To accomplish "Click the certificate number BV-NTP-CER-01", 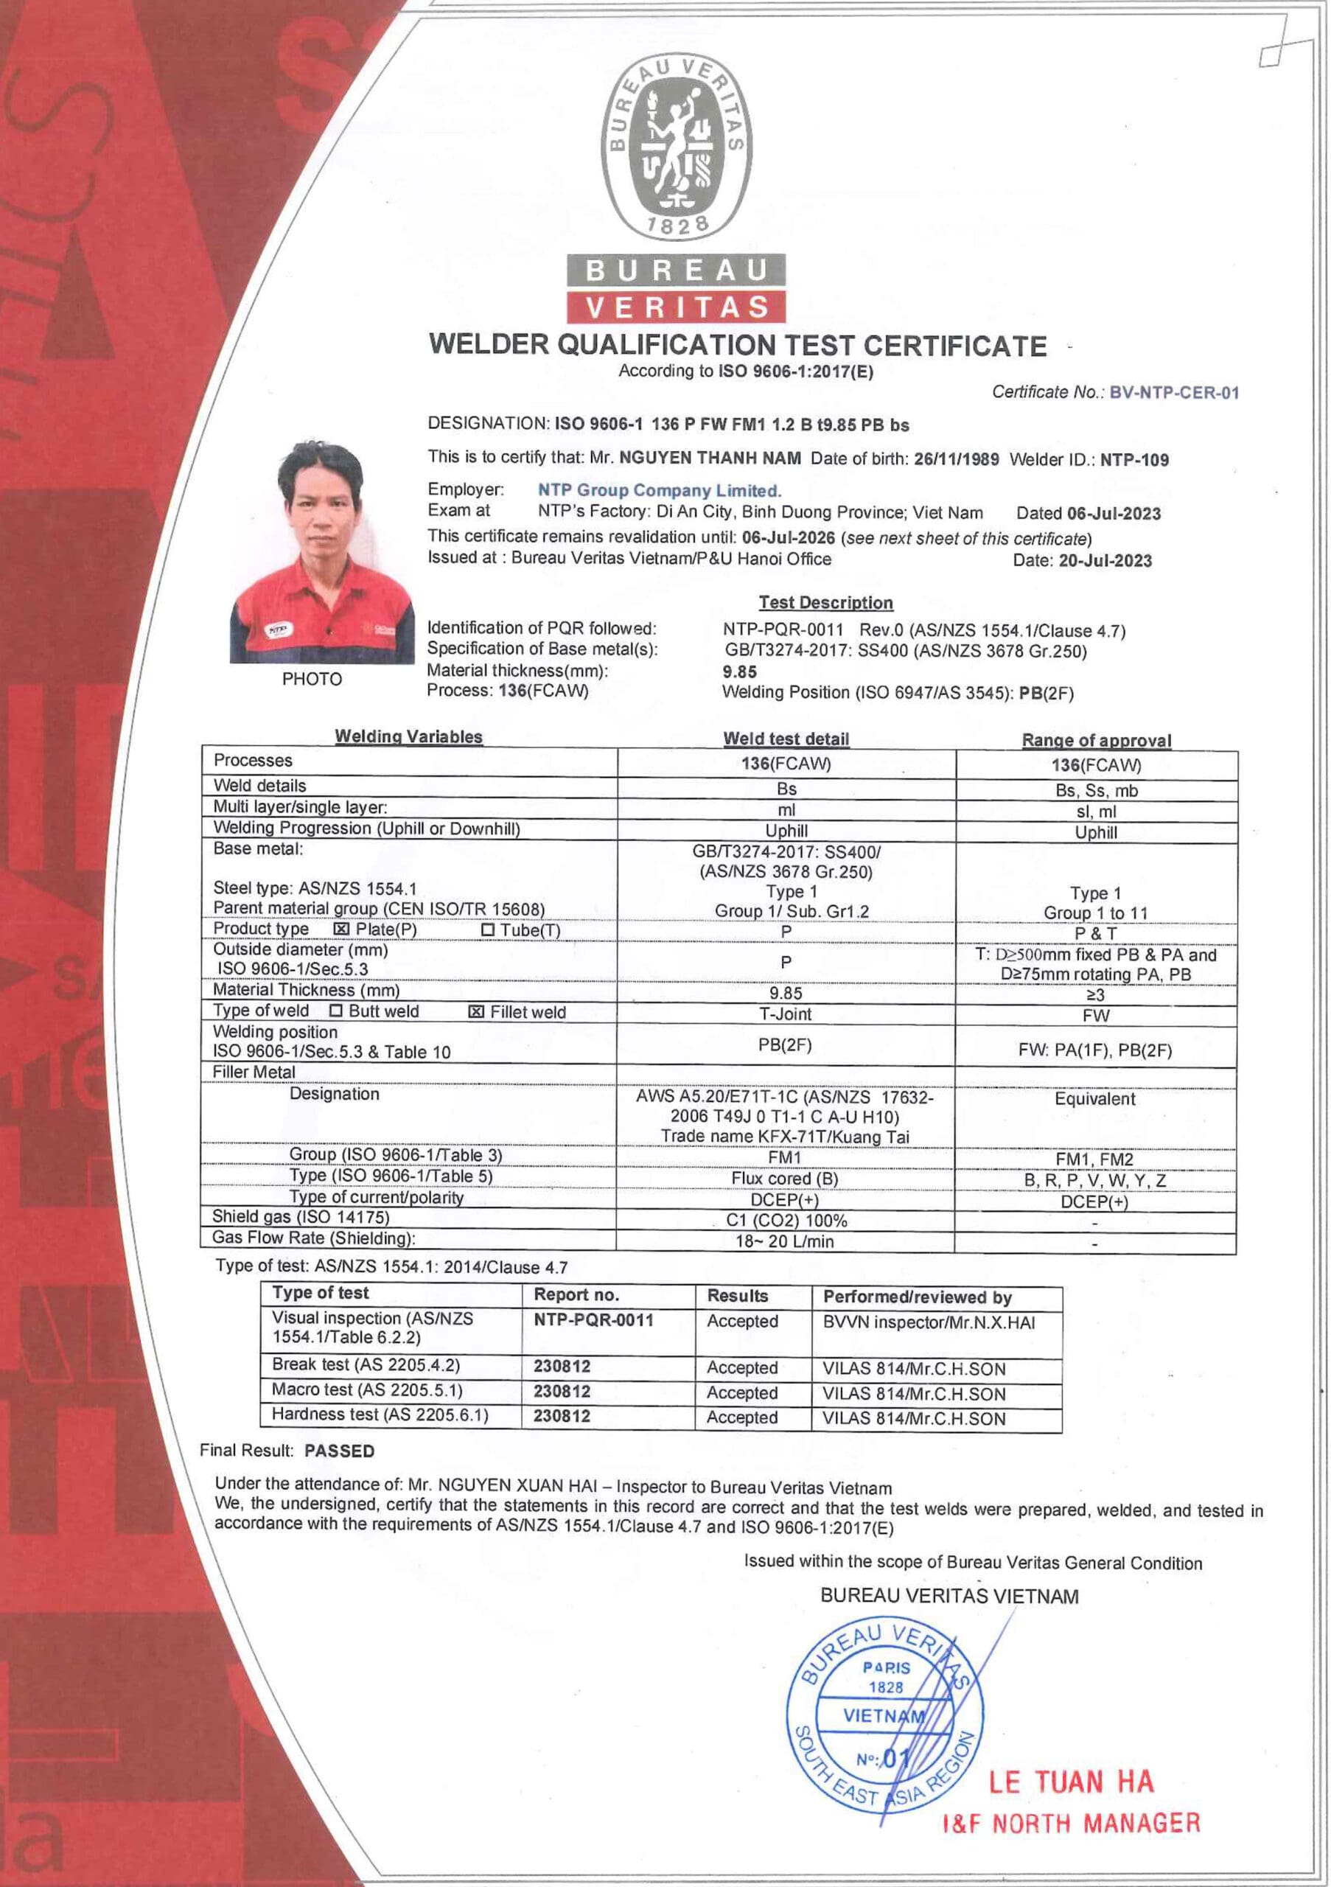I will [x=1173, y=392].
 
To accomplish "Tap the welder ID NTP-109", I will [x=1133, y=459].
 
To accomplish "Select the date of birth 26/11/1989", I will [x=957, y=458].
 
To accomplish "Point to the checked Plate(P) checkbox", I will [x=342, y=929].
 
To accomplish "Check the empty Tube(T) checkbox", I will [x=488, y=929].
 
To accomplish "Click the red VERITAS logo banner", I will [x=676, y=307].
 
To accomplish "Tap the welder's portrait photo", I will [x=321, y=552].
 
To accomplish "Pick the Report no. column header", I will [x=576, y=1295].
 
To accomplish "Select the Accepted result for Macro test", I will [x=742, y=1392].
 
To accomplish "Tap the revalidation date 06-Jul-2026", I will [x=788, y=537].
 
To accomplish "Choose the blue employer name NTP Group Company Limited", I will [x=659, y=491].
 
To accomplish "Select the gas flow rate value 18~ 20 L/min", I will [x=785, y=1241].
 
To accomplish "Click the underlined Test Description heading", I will [x=825, y=602].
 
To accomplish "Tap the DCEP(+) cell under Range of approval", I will [x=1094, y=1201].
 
